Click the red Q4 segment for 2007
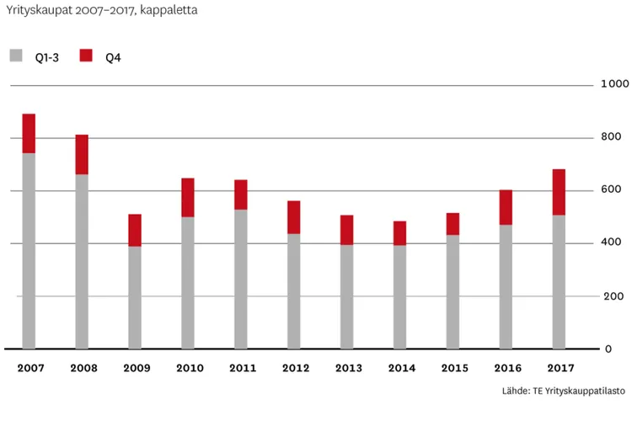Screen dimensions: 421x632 coord(29,133)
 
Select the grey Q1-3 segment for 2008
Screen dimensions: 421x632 coord(82,261)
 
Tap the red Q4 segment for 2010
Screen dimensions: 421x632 coord(188,197)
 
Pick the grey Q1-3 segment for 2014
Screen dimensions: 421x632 coord(400,296)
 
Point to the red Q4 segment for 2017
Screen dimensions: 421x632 coord(559,192)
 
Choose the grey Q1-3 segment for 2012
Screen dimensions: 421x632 coord(294,290)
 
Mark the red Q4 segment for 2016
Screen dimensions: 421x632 coord(506,207)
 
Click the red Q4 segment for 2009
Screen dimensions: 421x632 coord(135,230)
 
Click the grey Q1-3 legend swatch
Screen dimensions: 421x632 coord(16,56)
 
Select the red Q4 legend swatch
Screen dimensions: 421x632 coord(85,56)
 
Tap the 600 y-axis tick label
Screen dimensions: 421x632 coord(612,190)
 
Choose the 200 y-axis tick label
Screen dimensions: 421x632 coord(612,296)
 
